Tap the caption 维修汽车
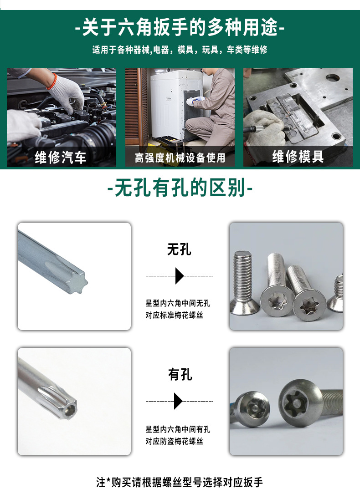[61, 157]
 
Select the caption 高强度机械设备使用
[180, 158]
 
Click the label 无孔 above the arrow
[179, 249]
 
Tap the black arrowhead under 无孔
[179, 276]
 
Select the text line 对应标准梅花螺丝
[174, 315]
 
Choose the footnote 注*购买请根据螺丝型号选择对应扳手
[180, 482]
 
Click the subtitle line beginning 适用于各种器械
[180, 50]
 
